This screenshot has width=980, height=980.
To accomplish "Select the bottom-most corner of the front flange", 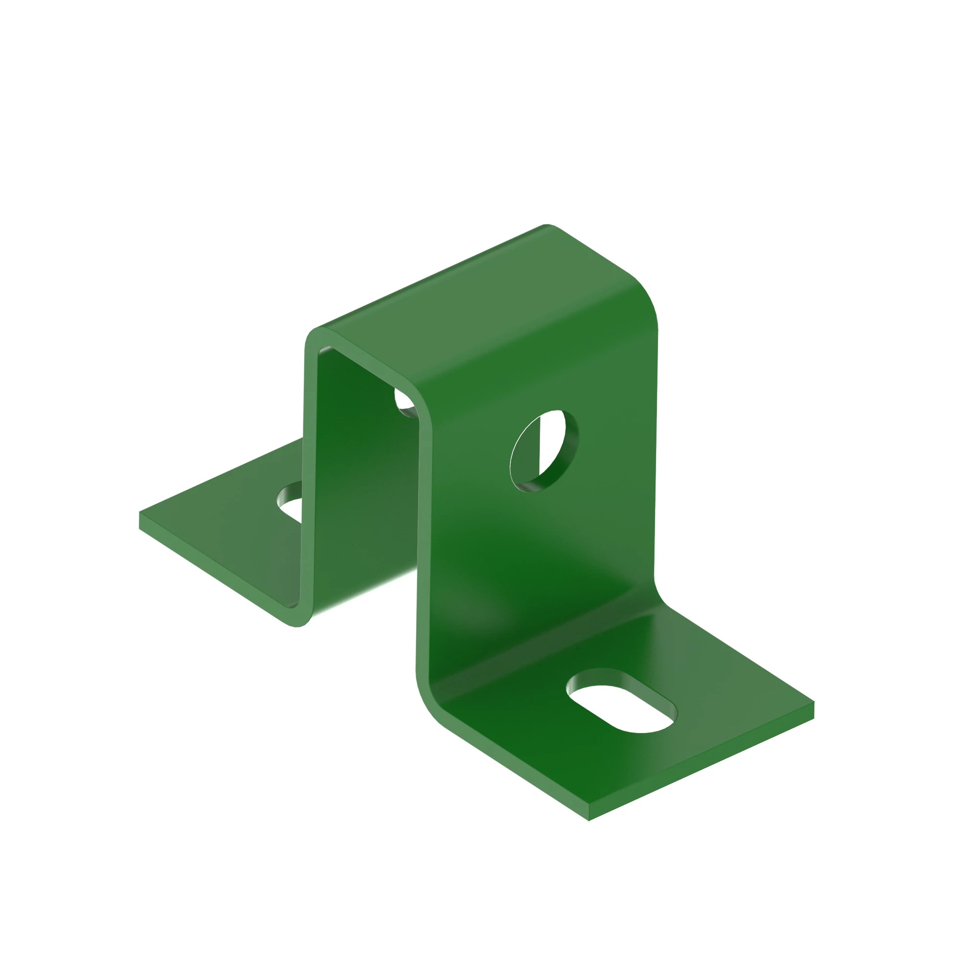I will pos(588,820).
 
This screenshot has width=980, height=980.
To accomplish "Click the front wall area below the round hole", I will pos(538,548).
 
